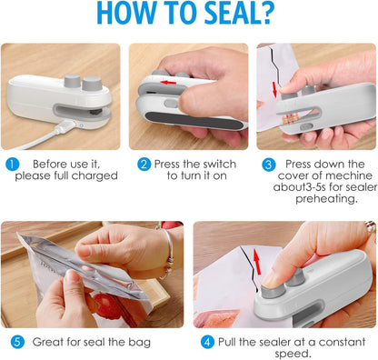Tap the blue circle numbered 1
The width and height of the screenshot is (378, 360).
[11, 165]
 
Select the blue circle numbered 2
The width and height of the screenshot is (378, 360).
[144, 165]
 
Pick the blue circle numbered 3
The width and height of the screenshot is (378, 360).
[268, 165]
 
